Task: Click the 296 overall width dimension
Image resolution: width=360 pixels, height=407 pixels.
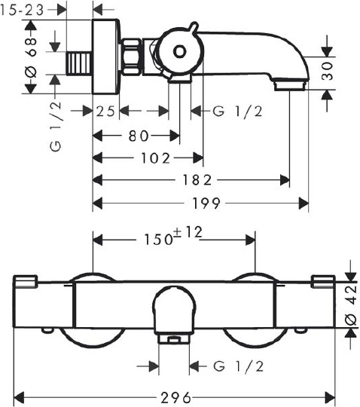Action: click(175, 398)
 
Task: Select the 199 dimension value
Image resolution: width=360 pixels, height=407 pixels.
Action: click(206, 203)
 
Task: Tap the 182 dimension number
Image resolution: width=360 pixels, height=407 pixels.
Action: click(197, 180)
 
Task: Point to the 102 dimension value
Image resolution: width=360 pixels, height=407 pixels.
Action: click(155, 158)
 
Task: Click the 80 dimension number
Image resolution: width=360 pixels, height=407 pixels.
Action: click(139, 136)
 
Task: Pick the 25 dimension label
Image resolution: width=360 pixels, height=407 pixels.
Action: click(105, 112)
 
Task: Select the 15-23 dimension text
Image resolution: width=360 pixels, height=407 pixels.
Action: click(22, 11)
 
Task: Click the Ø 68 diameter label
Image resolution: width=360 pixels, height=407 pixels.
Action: click(31, 57)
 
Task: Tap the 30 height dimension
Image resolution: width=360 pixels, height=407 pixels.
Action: click(327, 71)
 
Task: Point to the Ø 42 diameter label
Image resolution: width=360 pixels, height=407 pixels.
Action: click(351, 305)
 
